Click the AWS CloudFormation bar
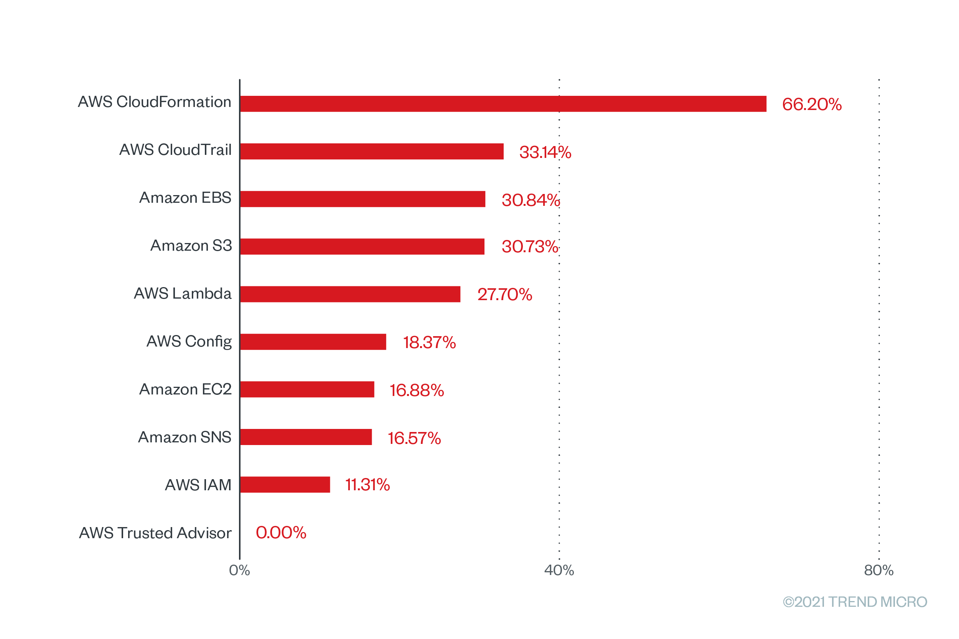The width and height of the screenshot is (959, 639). pos(503,104)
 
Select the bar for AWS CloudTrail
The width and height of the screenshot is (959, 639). pos(372,151)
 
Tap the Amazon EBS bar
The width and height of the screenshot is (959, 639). pos(363,199)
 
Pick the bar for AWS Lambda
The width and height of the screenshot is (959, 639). pos(350,294)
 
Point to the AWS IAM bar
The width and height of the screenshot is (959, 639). pos(285,485)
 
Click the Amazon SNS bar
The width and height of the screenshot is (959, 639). pos(306,437)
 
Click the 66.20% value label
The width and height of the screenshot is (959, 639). pos(811,104)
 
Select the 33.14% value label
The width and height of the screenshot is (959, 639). pos(545,152)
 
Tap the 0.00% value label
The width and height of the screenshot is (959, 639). pos(281,533)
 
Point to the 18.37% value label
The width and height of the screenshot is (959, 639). pos(429,342)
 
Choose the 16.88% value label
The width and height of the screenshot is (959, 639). pos(417,390)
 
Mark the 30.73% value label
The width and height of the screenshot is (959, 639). pos(530,246)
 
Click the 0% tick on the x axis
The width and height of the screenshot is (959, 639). pos(239,570)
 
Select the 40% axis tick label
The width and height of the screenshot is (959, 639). pos(559,570)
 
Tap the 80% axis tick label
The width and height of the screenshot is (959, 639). pos(879,570)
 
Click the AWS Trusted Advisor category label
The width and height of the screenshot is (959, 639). pos(155,533)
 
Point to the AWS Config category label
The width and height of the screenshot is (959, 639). pos(189,342)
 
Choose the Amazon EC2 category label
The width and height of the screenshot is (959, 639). pos(185,389)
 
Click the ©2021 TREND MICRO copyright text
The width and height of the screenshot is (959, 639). pos(855,602)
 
